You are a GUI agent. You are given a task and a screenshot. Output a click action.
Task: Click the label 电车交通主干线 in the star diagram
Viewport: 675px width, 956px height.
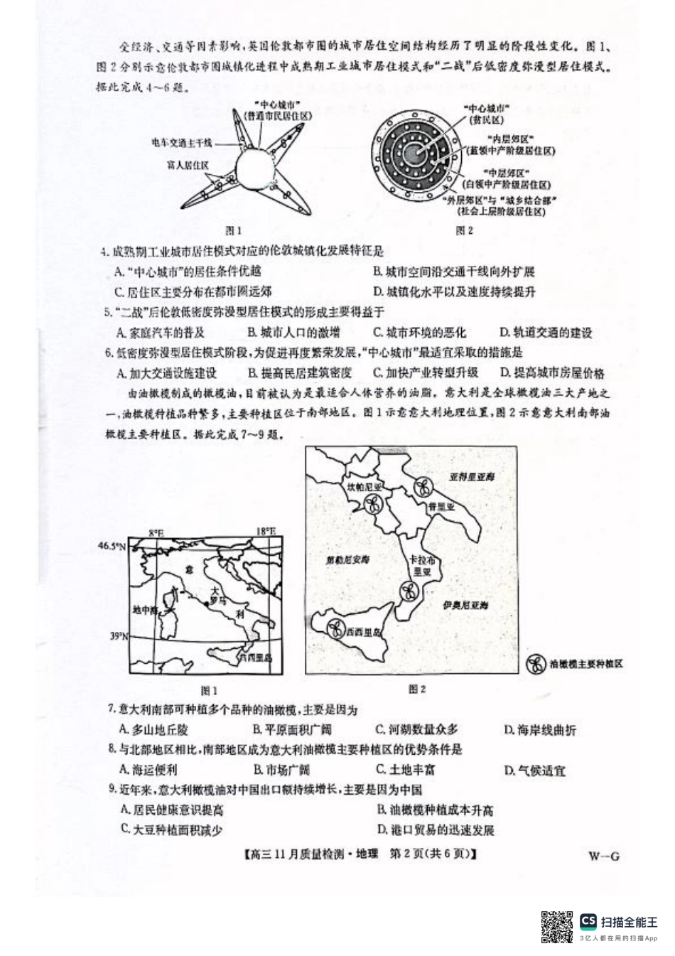pos(181,143)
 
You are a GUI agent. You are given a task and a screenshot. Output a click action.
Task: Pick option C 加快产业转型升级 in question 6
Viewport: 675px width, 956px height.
pos(426,372)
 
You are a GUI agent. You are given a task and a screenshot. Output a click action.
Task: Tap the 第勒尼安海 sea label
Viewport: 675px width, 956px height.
pos(347,560)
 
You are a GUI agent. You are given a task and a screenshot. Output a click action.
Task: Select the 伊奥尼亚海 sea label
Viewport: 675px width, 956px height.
pos(465,605)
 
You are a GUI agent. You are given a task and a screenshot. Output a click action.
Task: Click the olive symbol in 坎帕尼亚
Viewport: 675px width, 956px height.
pos(371,504)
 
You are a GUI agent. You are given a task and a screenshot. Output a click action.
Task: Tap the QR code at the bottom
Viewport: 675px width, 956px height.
pos(557,925)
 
